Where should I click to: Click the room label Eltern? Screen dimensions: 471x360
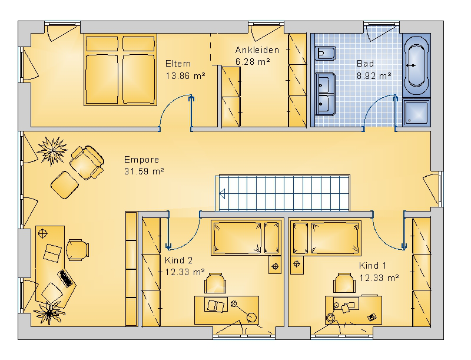tap(178, 64)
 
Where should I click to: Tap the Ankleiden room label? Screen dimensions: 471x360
tap(257, 50)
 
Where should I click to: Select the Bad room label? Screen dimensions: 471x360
tap(365, 64)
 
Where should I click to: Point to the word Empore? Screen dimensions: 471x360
tap(141, 160)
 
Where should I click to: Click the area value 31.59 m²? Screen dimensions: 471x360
tap(144, 171)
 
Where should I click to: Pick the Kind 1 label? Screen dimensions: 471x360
tap(373, 266)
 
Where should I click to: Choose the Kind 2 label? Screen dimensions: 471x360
tap(179, 260)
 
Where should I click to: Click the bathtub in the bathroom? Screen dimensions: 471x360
tap(416, 65)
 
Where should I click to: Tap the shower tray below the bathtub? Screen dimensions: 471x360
tap(416, 113)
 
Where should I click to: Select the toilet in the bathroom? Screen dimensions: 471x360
tap(326, 54)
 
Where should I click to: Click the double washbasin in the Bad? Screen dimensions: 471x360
tap(325, 94)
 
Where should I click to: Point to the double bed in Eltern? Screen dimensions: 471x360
tap(121, 70)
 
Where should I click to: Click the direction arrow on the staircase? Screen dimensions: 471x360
tap(223, 194)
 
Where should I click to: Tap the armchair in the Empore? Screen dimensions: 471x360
tap(87, 162)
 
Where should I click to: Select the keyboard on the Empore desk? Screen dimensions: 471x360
tap(65, 278)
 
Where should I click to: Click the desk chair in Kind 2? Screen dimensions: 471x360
tap(215, 283)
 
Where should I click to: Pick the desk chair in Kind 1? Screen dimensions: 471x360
tap(344, 283)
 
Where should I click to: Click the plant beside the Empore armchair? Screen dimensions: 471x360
tap(52, 151)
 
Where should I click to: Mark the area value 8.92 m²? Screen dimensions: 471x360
tap(374, 76)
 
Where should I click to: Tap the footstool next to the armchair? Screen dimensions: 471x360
tap(65, 185)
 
